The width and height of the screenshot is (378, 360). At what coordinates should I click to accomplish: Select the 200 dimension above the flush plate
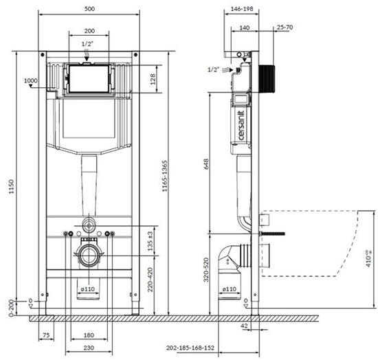pos(90,32)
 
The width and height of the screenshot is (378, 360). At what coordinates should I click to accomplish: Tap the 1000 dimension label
pos(30,80)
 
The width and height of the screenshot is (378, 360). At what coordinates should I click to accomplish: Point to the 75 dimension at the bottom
pos(45,336)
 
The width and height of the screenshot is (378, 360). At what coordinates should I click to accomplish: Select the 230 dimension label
pos(90,349)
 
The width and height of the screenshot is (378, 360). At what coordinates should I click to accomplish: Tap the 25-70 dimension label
pos(285,27)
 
